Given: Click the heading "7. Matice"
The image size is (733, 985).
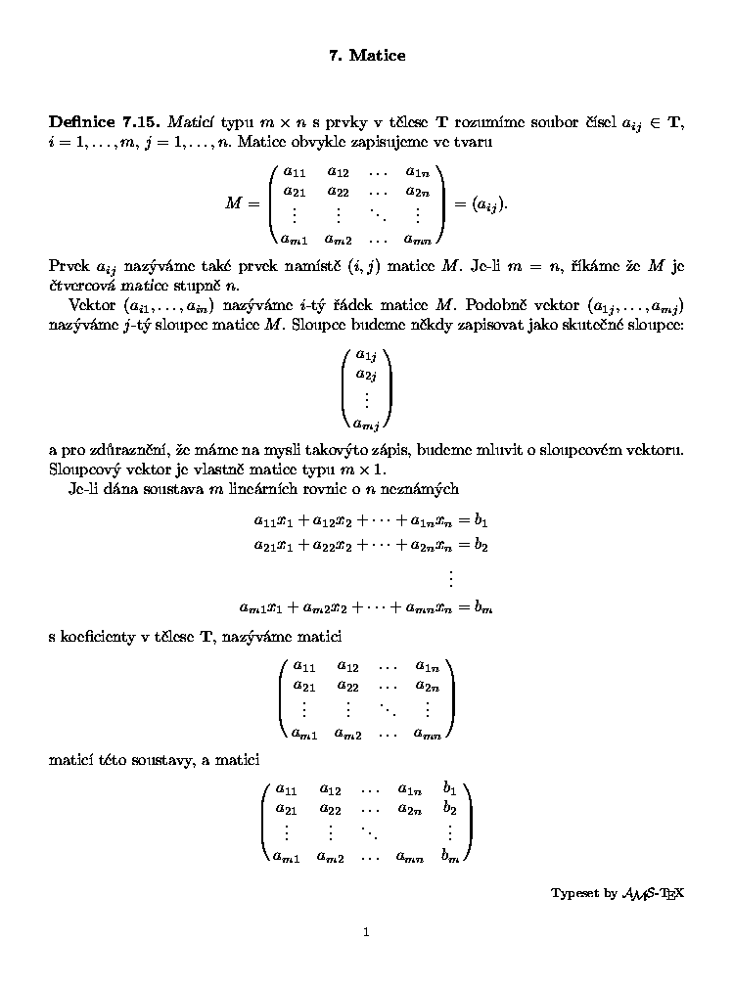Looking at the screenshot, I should point(366,56).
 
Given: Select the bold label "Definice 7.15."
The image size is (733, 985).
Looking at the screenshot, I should point(106,122).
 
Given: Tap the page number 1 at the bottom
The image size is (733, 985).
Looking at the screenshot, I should point(366,932).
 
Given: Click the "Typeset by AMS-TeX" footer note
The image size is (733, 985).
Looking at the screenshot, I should point(617,893).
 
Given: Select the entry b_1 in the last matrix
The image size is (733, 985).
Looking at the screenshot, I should point(449,786).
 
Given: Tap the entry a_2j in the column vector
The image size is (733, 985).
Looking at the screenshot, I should point(366,375).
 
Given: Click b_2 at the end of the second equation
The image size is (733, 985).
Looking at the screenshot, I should point(480,545).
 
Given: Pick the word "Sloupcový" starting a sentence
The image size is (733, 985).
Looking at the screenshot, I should point(83,470).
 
